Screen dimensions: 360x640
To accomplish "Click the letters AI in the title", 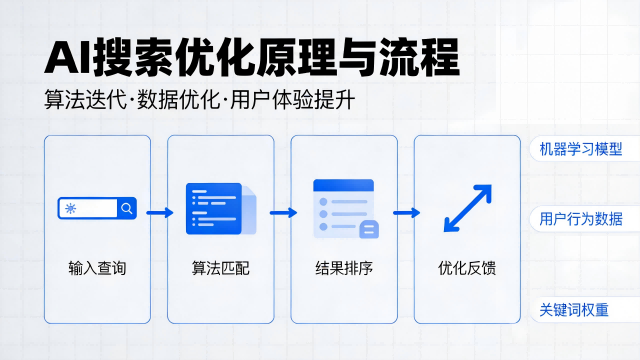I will (66, 56).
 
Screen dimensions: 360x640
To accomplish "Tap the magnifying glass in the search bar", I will (127, 209).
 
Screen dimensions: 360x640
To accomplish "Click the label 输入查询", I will (97, 269).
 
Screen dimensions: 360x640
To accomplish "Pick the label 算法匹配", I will (220, 269).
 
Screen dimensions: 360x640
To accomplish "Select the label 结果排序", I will (344, 269).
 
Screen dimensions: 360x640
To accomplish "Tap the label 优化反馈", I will (467, 269).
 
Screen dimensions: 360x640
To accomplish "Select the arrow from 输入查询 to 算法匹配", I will (159, 212).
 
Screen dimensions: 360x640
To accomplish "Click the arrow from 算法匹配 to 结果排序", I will (283, 212).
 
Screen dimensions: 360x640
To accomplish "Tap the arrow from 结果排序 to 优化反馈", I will (406, 212).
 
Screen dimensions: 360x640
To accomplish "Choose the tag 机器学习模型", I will (580, 150).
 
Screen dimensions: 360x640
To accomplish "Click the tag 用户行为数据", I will (580, 219).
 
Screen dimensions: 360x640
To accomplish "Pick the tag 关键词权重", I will (574, 310).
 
